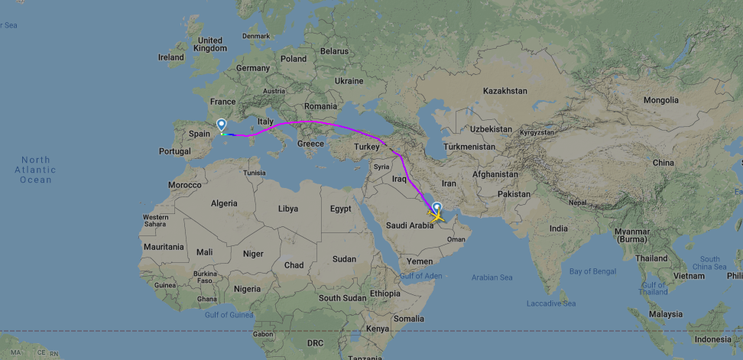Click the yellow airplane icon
pos(438,217)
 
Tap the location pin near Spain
pos(222,125)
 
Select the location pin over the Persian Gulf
pos(436,206)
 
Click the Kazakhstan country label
pos(505,91)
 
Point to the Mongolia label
pos(660,100)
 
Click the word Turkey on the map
pos(367,146)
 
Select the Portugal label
pos(174,151)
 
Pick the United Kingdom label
pos(209,44)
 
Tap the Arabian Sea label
pos(492,277)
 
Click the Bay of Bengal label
pos(592,271)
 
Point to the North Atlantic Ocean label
pos(35,170)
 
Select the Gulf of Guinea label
pos(229,314)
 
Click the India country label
pos(559,229)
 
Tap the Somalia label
pos(409,318)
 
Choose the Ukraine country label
pos(349,80)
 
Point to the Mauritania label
pos(164,247)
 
